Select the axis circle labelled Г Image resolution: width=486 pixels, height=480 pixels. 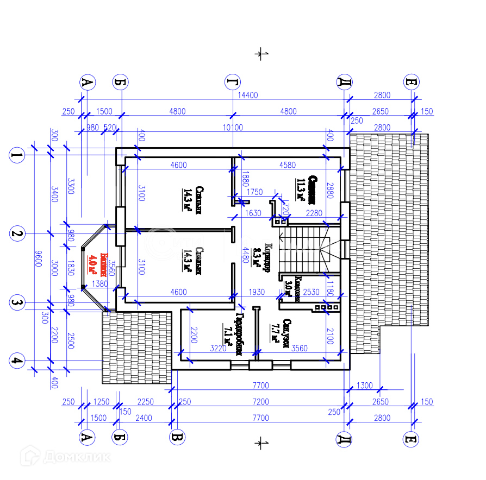tap(233, 83)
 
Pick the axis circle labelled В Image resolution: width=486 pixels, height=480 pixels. tap(177, 438)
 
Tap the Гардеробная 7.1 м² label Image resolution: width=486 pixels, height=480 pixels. tap(234, 334)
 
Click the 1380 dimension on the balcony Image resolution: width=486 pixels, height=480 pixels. tap(99, 284)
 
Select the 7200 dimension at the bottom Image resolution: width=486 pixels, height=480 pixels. tap(260, 402)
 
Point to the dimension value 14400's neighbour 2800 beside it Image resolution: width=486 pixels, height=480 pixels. tap(382, 95)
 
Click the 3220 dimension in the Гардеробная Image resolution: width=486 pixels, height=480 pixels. tap(217, 349)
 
